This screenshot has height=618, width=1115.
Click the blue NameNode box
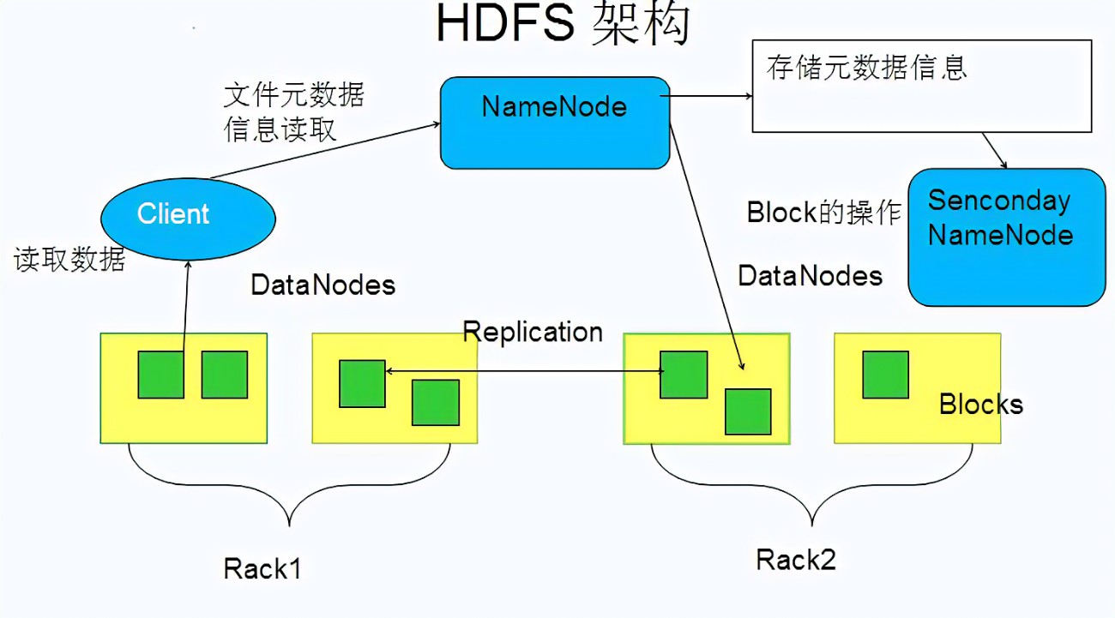click(554, 123)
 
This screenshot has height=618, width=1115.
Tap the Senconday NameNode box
click(1006, 237)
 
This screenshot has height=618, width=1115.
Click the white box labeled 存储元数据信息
click(921, 86)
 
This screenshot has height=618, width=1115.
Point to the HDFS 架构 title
click(563, 24)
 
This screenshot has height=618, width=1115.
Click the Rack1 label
click(262, 568)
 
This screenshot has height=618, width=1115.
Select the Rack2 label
click(795, 560)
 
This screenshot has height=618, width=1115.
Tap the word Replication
click(533, 332)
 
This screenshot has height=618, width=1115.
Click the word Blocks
click(981, 404)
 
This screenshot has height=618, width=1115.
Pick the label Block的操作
click(823, 213)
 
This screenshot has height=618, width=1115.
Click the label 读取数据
click(69, 259)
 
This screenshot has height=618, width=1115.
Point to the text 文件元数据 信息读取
click(293, 111)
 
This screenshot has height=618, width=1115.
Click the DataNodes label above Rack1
click(322, 285)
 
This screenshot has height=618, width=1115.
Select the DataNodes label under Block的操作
click(810, 275)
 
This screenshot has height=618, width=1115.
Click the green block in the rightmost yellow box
click(885, 375)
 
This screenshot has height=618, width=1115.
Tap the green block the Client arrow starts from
click(160, 375)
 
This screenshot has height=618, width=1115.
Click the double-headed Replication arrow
click(523, 371)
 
